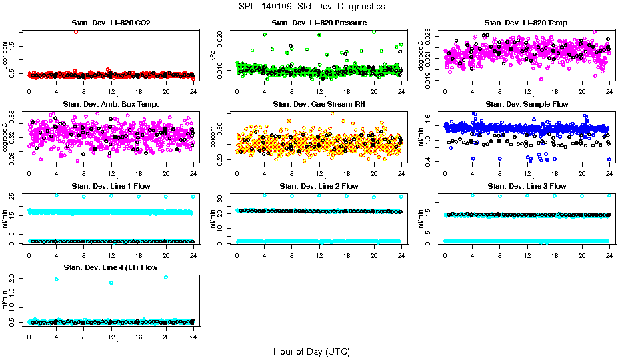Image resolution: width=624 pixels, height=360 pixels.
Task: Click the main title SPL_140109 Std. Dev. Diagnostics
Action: tap(311, 7)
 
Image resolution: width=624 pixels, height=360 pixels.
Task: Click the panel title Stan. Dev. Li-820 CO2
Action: tap(111, 23)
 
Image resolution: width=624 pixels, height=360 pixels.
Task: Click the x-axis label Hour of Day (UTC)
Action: tap(311, 351)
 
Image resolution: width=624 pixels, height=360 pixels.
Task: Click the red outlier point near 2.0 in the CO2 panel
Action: tap(76, 31)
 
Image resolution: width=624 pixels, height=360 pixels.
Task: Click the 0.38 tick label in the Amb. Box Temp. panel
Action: tap(15, 114)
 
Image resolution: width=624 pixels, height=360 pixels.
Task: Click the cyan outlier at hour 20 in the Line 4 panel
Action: tap(165, 277)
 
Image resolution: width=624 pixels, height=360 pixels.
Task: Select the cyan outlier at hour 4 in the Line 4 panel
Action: tap(56, 279)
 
